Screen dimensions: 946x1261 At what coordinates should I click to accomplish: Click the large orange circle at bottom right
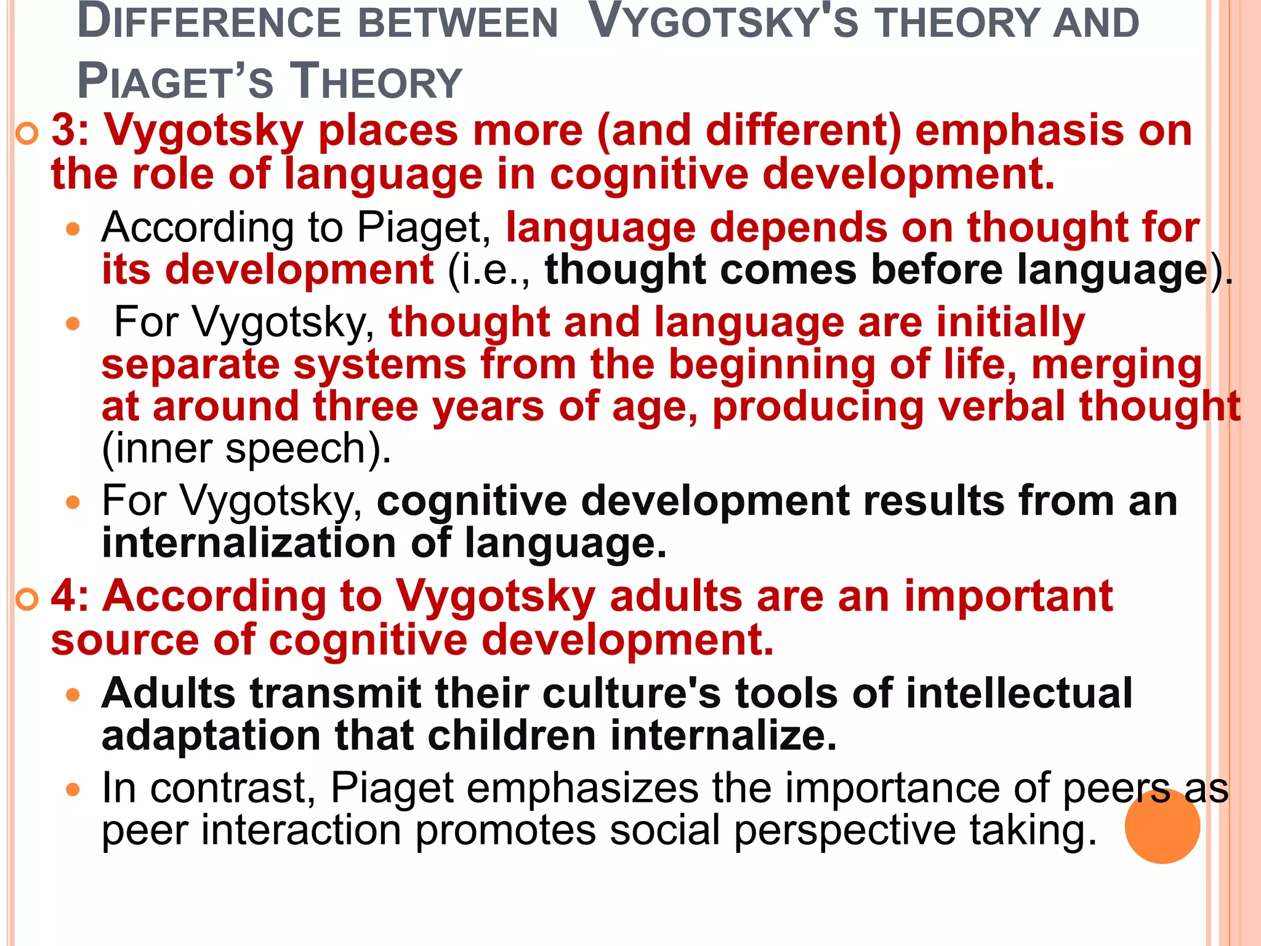(1162, 826)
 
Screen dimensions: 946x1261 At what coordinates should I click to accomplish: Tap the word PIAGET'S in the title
(175, 82)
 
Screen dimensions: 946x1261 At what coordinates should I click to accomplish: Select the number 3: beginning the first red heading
(70, 131)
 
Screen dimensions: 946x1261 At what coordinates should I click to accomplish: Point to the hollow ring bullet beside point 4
(27, 599)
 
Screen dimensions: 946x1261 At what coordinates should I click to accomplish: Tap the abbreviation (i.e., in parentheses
(489, 270)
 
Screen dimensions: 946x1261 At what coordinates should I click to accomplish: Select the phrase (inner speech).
(246, 448)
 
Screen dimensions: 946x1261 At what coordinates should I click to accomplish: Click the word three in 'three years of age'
(366, 406)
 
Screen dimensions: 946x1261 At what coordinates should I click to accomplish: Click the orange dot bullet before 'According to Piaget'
(73, 230)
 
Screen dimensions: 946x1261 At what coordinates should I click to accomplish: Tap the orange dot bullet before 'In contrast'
(73, 790)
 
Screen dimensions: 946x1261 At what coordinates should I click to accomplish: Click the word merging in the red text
(1116, 365)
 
